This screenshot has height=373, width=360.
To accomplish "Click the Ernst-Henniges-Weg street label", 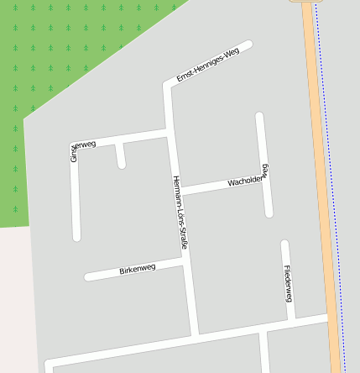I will coord(208,65).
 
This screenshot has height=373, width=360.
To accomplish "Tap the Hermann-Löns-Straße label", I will coord(180,213).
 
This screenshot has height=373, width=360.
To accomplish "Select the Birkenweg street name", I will coord(138,270).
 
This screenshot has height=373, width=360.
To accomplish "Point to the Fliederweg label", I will coord(288,284).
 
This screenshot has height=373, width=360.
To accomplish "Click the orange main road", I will coord(322,185).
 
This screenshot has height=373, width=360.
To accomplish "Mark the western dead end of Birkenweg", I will coord(88,276).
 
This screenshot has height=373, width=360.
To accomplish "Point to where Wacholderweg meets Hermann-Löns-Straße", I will coord(178,191).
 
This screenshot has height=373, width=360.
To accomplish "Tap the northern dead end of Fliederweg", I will coord(284,244).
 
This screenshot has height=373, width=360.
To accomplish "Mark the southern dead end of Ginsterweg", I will coord(76,237).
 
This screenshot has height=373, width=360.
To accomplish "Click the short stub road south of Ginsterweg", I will coord(121,156).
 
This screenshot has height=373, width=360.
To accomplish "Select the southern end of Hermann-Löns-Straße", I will coord(195,334).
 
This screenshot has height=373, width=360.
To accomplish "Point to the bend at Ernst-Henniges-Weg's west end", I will coord(167,86).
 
